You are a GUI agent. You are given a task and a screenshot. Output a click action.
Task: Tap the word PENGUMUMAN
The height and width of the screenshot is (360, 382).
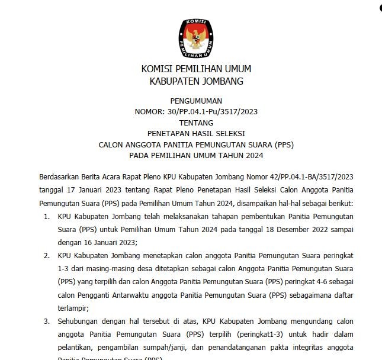tap(196, 101)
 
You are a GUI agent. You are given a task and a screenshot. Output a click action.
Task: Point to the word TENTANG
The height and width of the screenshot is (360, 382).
tap(196, 123)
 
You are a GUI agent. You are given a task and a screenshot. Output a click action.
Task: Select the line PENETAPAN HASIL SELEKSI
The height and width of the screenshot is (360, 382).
tap(196, 133)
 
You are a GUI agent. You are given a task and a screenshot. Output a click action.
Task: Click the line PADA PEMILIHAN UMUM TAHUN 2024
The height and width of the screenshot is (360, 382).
tap(196, 155)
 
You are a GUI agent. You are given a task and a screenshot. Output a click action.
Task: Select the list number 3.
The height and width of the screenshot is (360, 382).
tap(47, 321)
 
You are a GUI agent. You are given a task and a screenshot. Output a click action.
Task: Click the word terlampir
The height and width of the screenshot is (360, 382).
tap(73, 308)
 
